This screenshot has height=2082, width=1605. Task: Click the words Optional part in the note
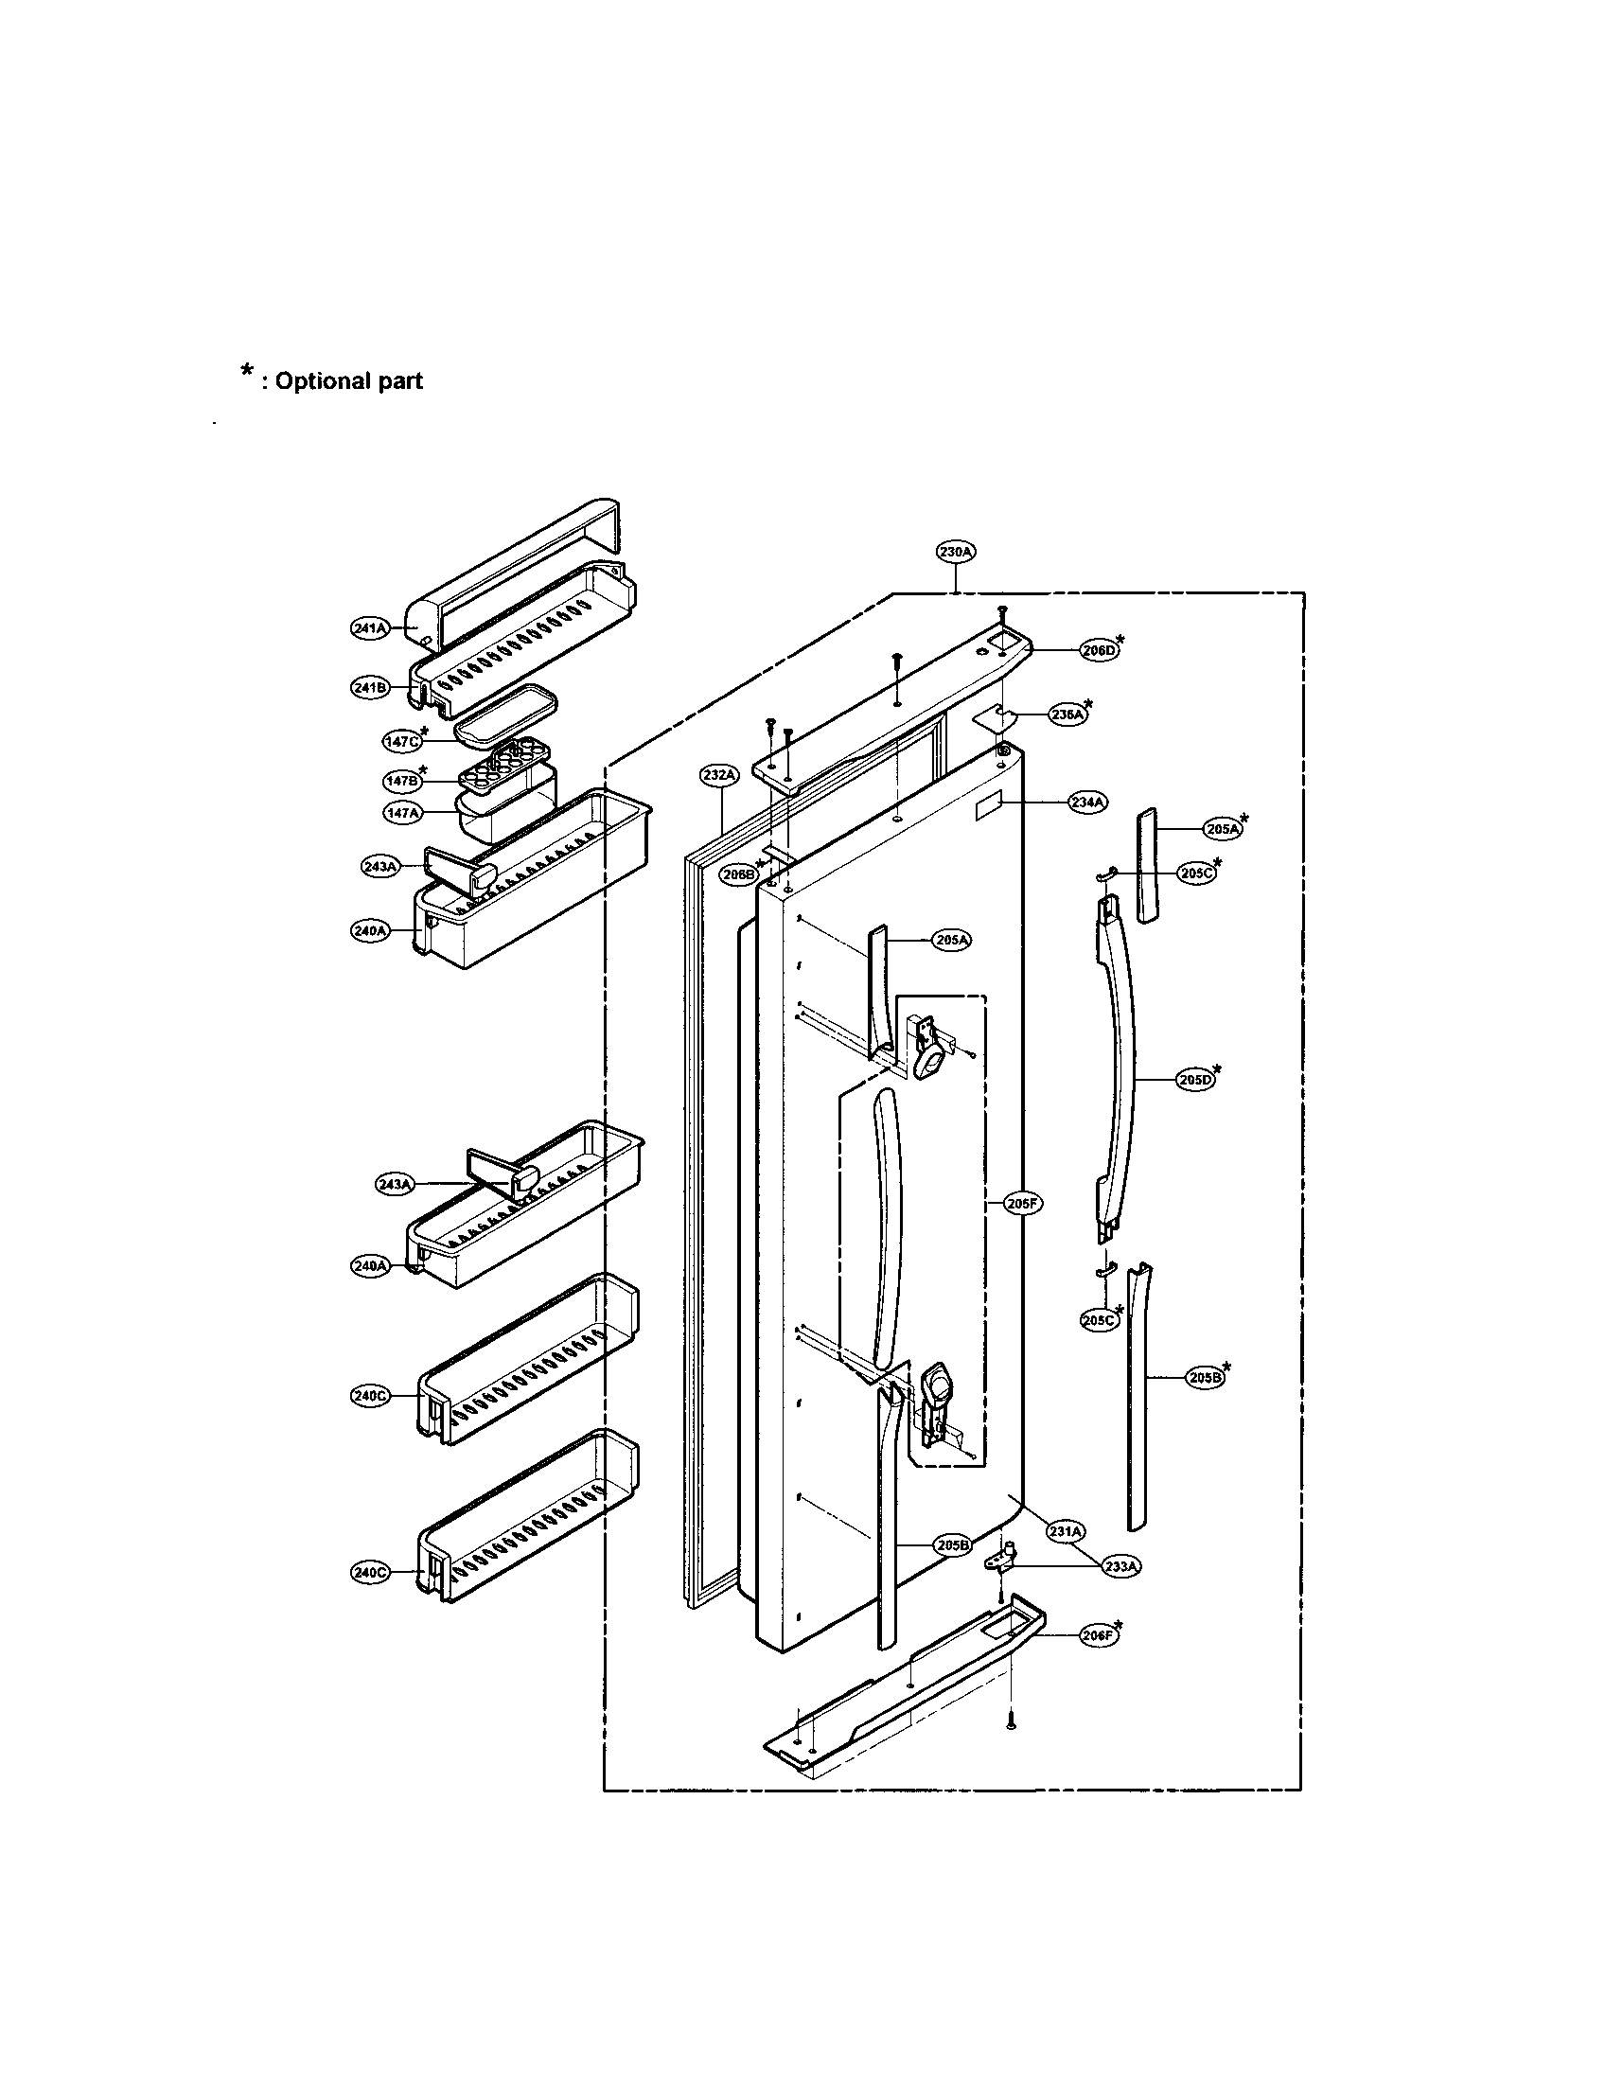pos(348,381)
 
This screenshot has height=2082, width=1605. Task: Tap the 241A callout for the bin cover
pos(369,628)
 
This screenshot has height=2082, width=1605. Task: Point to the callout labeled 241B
pos(370,687)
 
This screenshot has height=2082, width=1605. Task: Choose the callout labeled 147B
pos(401,781)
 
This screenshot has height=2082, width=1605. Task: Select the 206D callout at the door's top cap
pos(1098,650)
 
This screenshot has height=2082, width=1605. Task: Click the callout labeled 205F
pos(1023,1204)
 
